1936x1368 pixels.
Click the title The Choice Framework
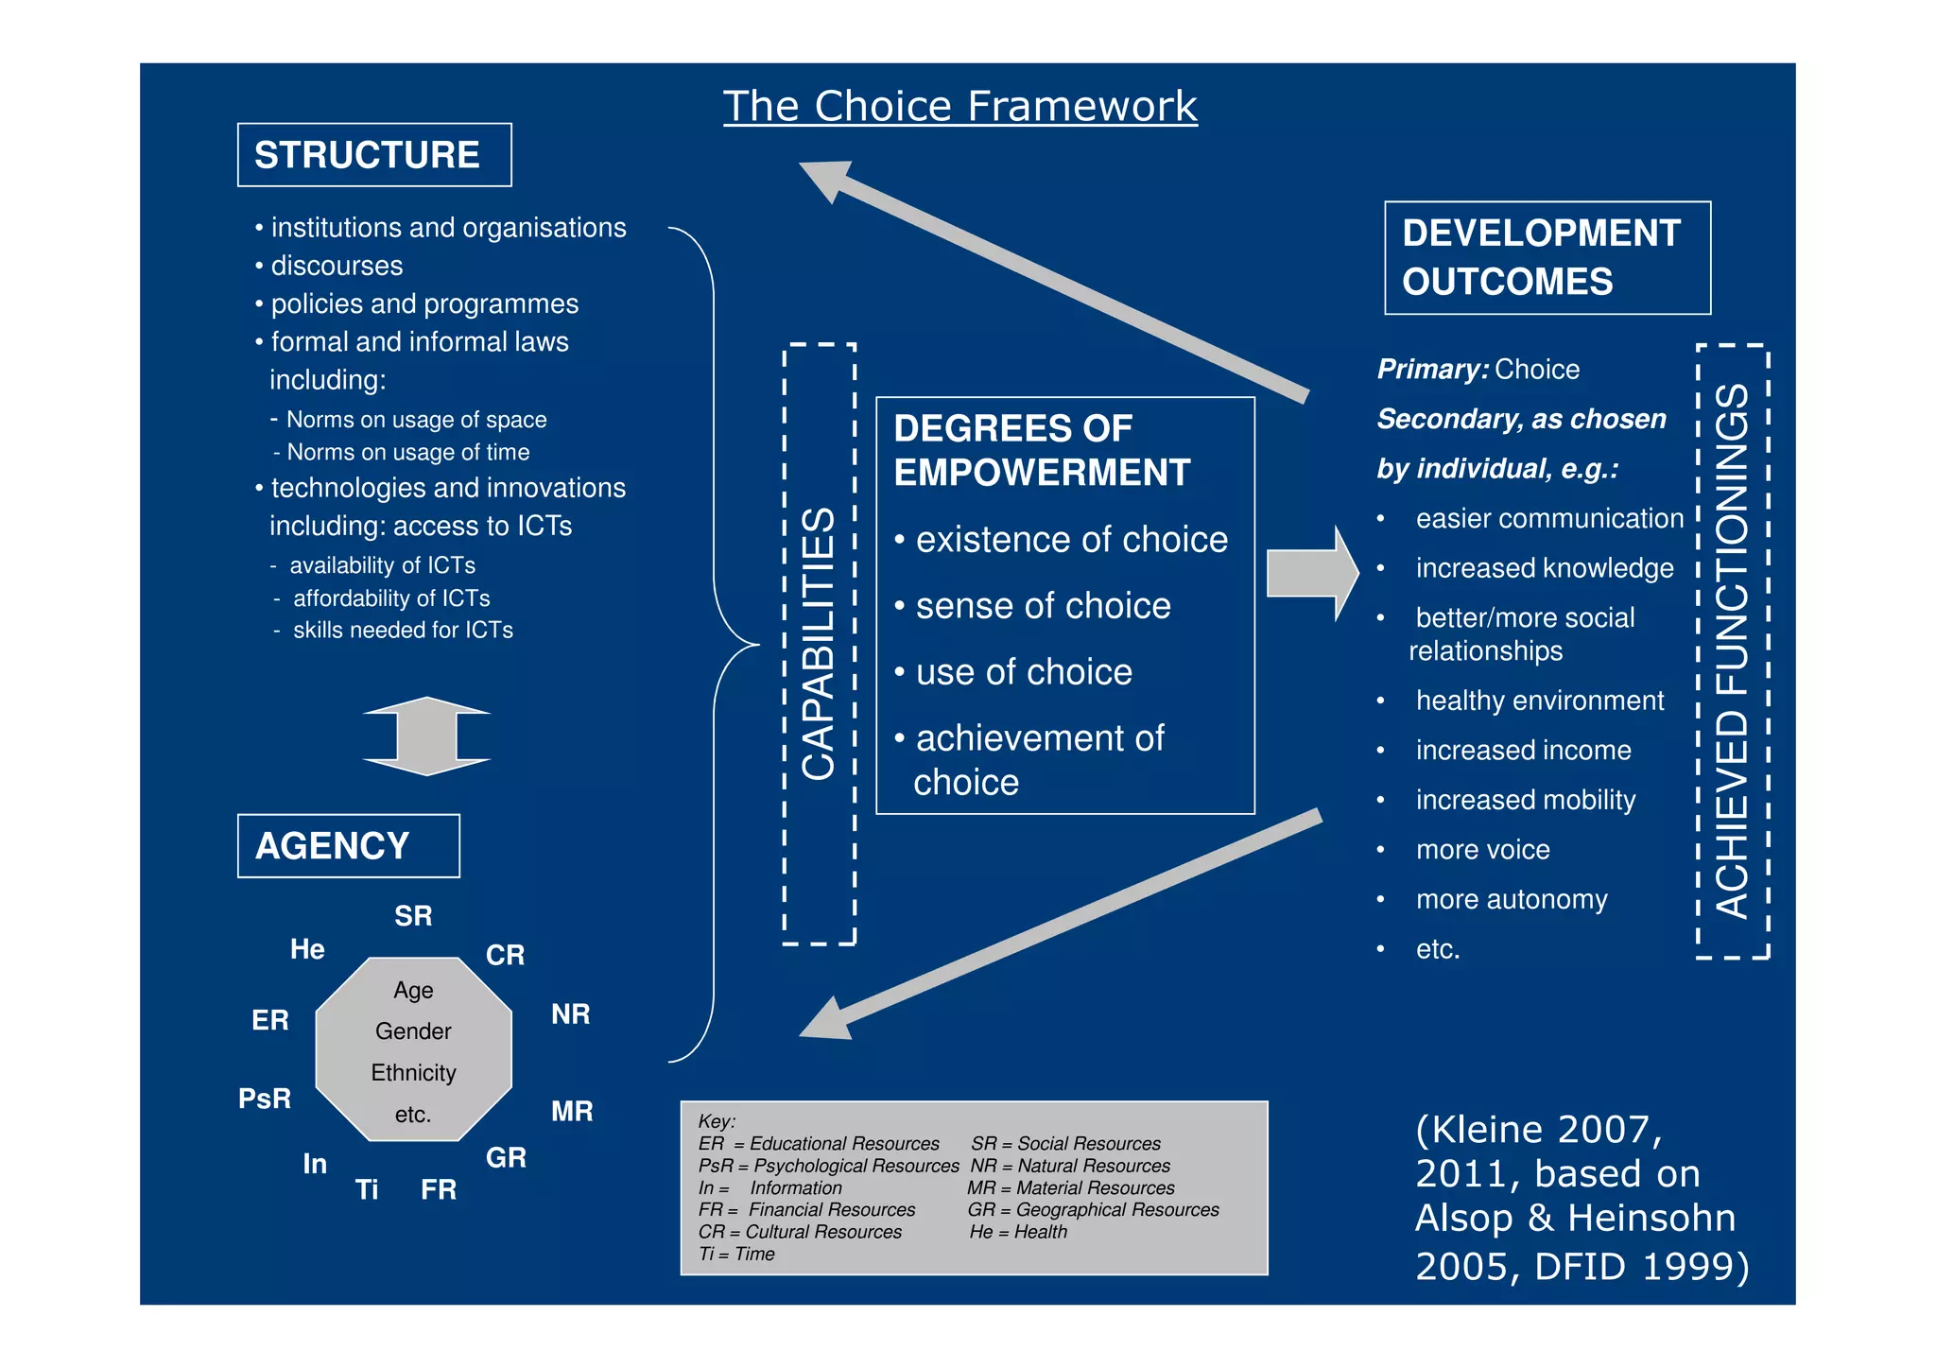[959, 106]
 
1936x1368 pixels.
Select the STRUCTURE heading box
[373, 155]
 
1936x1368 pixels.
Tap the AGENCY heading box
[348, 845]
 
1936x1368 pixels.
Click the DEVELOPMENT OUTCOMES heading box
[1547, 257]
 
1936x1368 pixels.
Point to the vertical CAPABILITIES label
[819, 644]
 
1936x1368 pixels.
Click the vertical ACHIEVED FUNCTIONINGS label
[1732, 651]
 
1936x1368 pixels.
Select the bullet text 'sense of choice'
[1043, 606]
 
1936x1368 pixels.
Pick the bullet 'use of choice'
[1024, 672]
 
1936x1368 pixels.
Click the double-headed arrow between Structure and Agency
[426, 736]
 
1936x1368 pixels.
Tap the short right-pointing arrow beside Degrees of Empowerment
[1311, 573]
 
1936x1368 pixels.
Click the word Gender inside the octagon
[413, 1030]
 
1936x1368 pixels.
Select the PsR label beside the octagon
[265, 1099]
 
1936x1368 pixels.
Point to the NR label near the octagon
[570, 1014]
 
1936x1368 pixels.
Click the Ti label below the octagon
[367, 1189]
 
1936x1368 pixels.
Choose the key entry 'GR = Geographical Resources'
[1093, 1209]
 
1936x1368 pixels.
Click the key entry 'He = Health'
[1018, 1232]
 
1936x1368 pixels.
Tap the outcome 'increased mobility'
[1525, 800]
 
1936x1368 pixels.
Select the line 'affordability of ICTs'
[391, 597]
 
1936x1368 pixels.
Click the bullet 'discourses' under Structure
[337, 266]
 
